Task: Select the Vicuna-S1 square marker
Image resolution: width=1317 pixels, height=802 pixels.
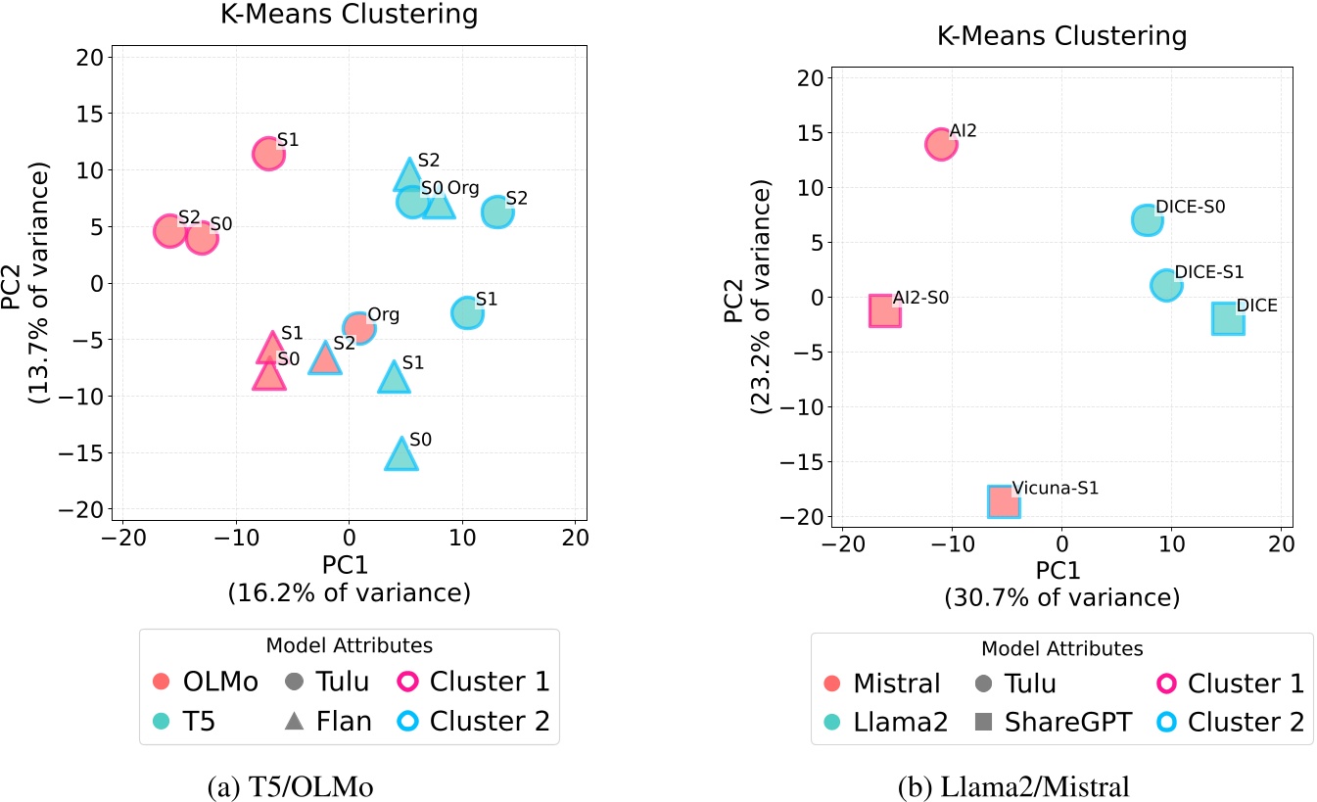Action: tap(1004, 501)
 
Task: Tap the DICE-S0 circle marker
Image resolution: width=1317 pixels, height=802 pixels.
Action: tap(1148, 220)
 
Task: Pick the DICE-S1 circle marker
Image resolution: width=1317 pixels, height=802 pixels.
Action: tap(1166, 285)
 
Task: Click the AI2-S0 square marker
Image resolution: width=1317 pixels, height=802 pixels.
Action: tap(885, 310)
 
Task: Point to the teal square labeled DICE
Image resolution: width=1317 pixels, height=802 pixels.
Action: tap(1228, 318)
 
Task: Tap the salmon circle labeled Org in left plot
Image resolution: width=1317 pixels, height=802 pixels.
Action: tap(359, 327)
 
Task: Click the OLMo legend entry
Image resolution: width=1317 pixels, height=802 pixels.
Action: tap(207, 682)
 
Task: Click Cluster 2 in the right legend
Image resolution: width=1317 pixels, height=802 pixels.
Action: tap(1230, 722)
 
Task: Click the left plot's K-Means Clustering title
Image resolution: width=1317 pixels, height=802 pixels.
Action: tap(349, 15)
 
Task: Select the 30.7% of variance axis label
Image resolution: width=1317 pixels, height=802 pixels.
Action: tap(1061, 597)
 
